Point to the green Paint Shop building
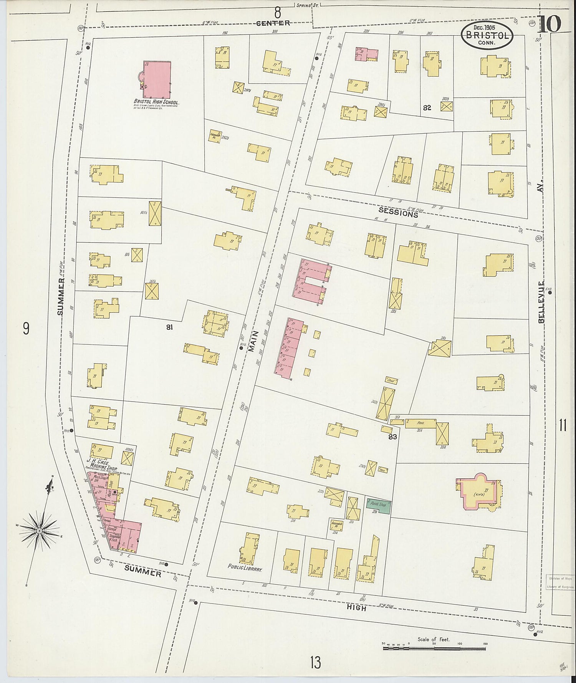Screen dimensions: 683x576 click(x=378, y=506)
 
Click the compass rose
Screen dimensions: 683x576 click(x=39, y=531)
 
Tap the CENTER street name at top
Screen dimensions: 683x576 click(x=273, y=23)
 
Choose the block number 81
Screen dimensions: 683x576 click(x=169, y=327)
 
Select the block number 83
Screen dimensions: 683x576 click(x=392, y=437)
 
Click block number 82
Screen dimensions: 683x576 click(x=427, y=108)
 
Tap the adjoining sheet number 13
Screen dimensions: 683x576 click(x=315, y=662)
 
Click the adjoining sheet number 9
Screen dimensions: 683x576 click(x=26, y=329)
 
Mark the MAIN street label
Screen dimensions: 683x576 click(x=252, y=341)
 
